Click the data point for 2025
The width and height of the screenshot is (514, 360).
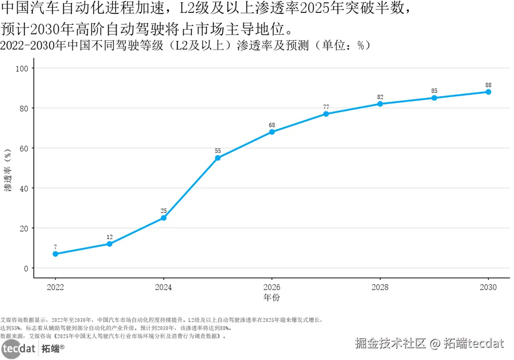(217, 158)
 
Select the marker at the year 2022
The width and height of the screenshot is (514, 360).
(55, 254)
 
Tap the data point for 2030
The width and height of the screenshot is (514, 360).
(488, 92)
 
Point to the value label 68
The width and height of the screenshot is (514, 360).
(272, 125)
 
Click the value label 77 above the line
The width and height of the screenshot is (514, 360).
(326, 107)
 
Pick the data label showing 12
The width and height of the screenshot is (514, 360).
(109, 237)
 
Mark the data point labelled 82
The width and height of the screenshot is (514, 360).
(380, 104)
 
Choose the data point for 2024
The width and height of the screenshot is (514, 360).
(164, 218)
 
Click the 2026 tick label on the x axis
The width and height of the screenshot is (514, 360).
(272, 287)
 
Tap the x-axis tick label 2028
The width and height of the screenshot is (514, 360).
(380, 287)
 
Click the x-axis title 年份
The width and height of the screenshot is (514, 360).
(272, 298)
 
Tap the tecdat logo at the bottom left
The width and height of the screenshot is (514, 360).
(18, 349)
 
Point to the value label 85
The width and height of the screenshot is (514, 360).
(434, 90)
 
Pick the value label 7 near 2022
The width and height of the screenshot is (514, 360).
(55, 247)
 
